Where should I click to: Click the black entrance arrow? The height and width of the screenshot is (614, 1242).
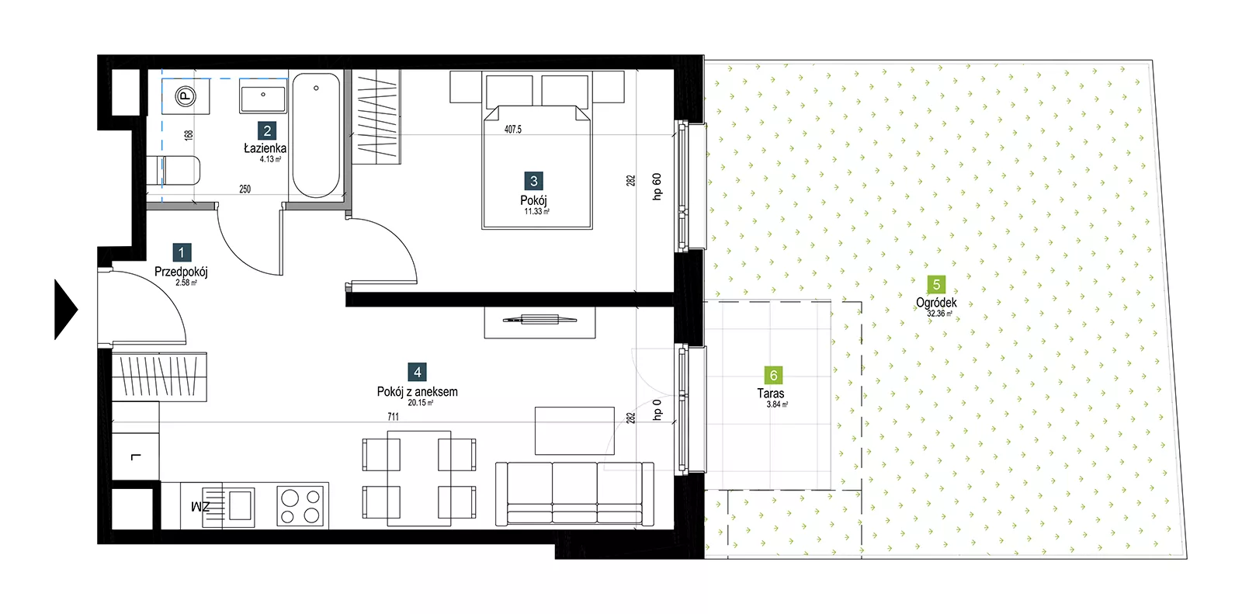65,310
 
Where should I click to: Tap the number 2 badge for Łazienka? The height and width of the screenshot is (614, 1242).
267,131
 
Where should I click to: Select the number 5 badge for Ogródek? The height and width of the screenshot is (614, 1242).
936,285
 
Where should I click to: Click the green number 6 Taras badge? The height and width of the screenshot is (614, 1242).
773,376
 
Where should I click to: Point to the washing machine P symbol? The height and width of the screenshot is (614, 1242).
186,97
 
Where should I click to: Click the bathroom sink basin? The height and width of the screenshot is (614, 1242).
263,95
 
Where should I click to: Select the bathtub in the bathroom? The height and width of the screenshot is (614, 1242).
316,135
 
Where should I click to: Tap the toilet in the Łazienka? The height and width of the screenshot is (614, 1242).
174,170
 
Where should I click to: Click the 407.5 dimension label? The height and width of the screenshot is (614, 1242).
513,129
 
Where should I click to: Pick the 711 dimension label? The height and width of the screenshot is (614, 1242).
393,417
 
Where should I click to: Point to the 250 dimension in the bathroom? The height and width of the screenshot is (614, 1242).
245,189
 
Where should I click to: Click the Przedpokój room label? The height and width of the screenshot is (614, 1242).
181,272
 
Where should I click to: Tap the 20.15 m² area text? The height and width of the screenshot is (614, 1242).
420,403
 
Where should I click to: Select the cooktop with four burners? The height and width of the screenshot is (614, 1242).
300,506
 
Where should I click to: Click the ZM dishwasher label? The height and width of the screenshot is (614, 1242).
200,506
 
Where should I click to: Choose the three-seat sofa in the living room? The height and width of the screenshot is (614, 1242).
574,494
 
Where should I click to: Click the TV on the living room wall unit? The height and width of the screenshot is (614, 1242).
539,320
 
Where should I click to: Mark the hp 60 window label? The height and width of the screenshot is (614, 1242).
657,186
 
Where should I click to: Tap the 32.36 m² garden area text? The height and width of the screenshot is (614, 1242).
939,314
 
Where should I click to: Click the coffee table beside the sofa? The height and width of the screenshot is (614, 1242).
574,430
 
